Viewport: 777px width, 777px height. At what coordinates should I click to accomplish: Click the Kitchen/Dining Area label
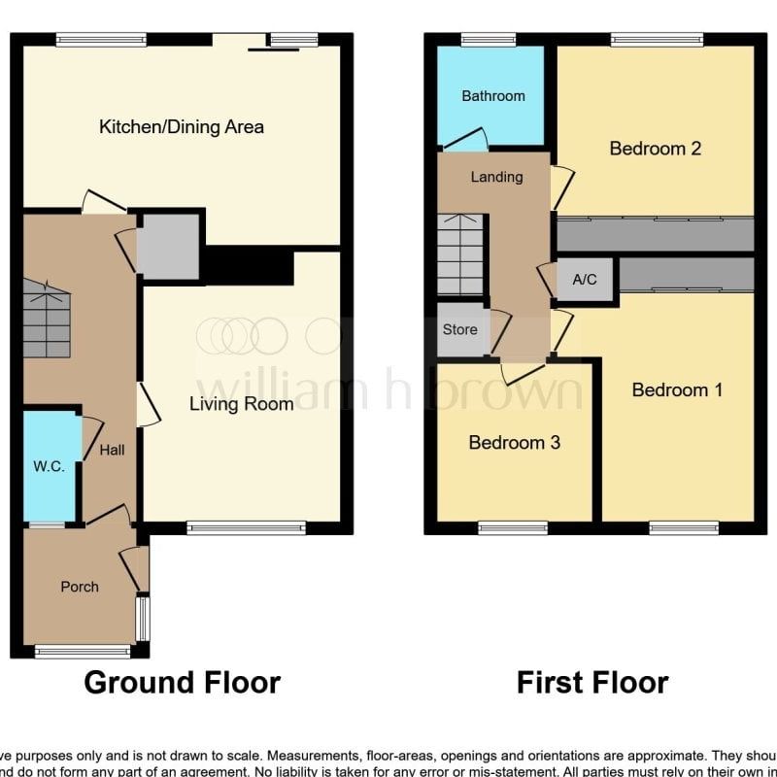(x=182, y=126)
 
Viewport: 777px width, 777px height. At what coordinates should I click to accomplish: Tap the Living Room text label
(x=241, y=404)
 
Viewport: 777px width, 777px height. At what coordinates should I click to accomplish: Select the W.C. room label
(x=49, y=466)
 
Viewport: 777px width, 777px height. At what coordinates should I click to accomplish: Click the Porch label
(x=80, y=587)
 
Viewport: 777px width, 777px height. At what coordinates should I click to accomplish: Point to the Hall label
(x=112, y=451)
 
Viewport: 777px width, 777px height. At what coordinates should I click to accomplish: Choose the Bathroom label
(x=493, y=96)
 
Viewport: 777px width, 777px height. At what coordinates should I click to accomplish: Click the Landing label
(x=496, y=177)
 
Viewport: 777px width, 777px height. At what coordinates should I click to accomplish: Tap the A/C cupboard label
(x=585, y=280)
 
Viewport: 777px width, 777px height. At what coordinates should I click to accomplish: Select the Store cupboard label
(x=459, y=329)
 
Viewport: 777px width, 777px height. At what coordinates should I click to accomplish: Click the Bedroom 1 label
(x=677, y=389)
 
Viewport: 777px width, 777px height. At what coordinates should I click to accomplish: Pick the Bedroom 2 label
(x=655, y=149)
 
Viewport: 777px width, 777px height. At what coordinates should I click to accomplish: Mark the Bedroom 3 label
(x=514, y=443)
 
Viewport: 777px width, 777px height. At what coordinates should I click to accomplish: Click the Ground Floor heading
(x=183, y=683)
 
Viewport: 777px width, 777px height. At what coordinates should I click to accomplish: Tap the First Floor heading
(x=591, y=683)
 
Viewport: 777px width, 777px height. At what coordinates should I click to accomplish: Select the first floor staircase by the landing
(x=460, y=254)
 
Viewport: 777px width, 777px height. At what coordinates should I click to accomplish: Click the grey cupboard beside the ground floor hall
(x=168, y=246)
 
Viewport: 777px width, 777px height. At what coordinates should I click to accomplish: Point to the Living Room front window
(x=246, y=527)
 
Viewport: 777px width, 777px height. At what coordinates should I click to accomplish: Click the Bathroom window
(x=489, y=40)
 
